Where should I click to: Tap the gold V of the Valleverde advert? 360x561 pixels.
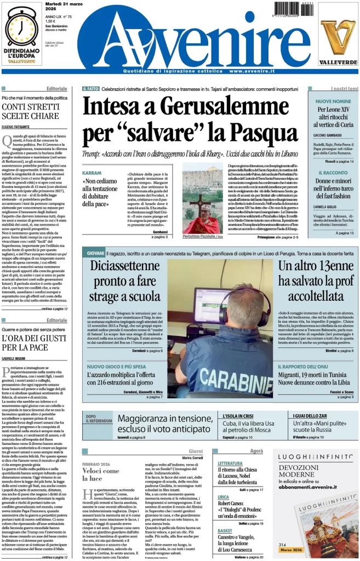point(338,36)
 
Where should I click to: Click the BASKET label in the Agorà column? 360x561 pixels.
point(225,531)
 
